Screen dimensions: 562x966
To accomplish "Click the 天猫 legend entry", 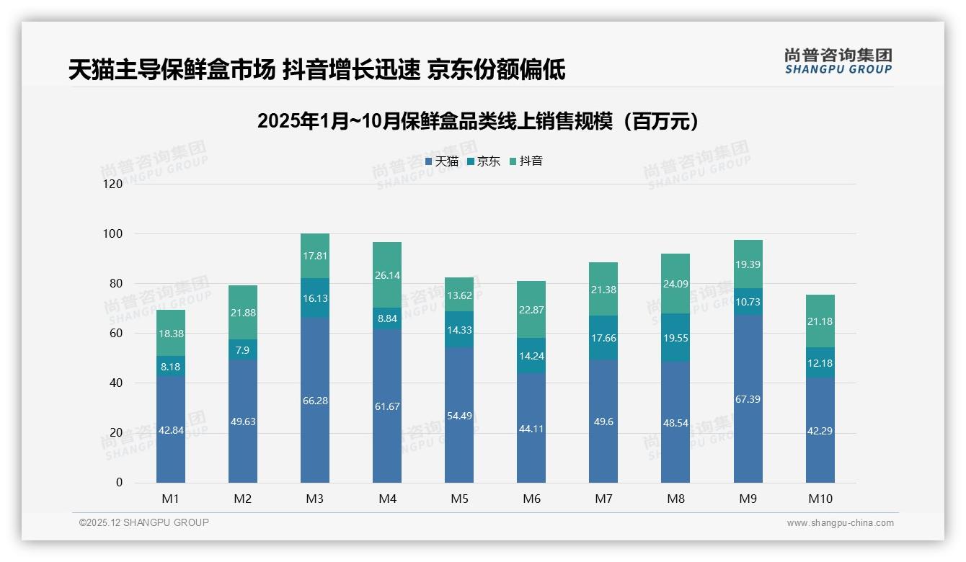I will click(442, 161).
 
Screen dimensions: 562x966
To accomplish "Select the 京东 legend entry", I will click(484, 161).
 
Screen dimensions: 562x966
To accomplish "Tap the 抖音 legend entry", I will click(526, 161).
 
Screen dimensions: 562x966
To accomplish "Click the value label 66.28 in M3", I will click(315, 401).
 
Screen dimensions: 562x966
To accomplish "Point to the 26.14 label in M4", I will click(387, 275).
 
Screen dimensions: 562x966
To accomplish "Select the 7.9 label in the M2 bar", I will click(243, 350).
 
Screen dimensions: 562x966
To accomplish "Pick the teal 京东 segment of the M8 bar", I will click(675, 337).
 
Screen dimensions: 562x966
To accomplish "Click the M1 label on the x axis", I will click(171, 499).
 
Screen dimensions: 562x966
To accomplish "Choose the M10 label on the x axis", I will click(820, 499).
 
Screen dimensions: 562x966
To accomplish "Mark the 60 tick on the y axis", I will click(115, 334).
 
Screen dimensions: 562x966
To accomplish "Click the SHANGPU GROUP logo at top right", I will click(838, 61).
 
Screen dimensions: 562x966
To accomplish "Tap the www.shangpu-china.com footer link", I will click(840, 523).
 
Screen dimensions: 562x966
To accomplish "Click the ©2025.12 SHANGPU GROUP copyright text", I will click(144, 522).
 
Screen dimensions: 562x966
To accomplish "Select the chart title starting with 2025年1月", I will click(478, 121).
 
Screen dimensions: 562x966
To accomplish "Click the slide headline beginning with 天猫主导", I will click(316, 70).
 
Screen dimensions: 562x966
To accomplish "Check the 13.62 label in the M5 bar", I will click(459, 295).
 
